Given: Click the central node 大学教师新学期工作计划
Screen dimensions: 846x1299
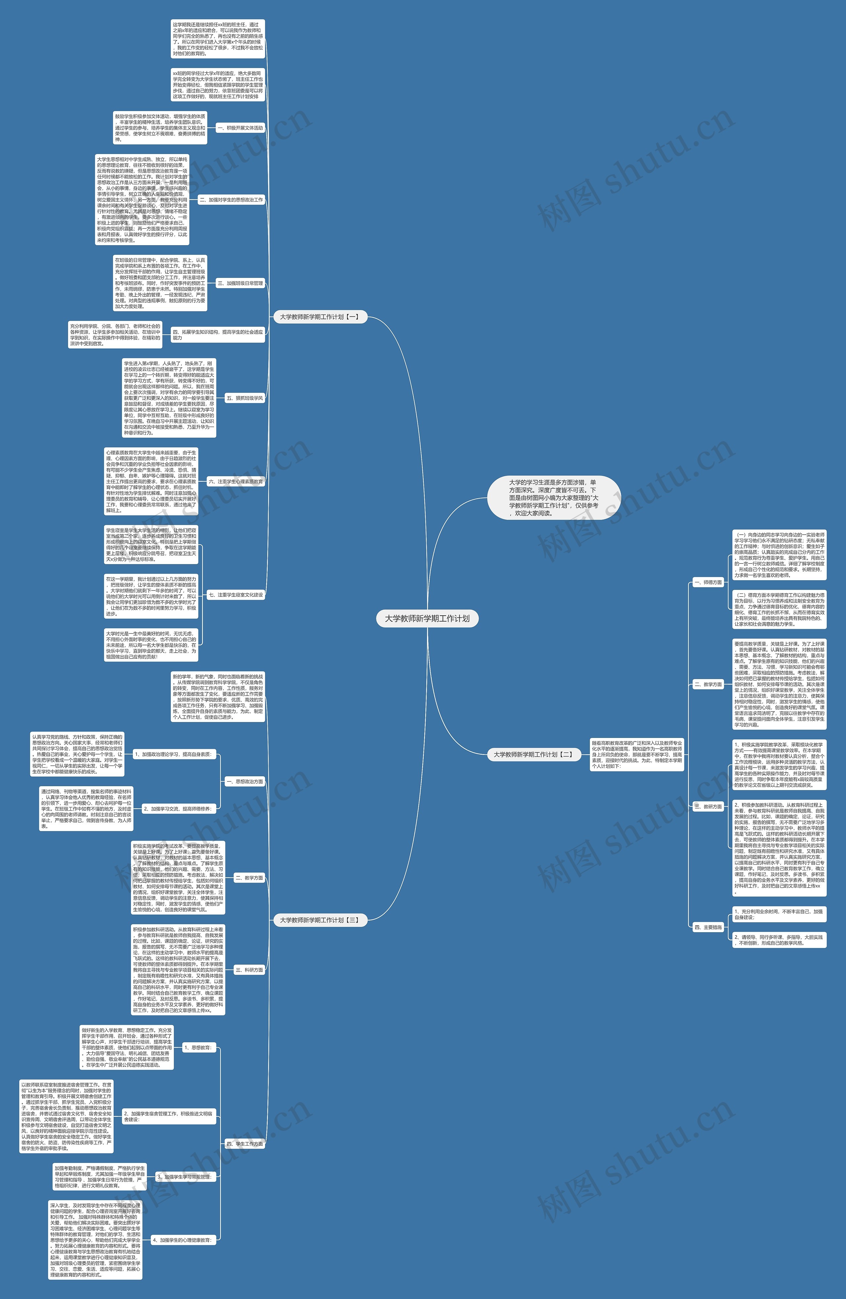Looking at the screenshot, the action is [x=427, y=618].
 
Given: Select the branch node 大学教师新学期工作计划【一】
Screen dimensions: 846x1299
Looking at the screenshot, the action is [x=319, y=317].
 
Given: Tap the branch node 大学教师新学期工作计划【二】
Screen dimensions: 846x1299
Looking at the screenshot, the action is [x=533, y=754].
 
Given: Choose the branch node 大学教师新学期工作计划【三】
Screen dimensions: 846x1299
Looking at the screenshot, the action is [x=319, y=920].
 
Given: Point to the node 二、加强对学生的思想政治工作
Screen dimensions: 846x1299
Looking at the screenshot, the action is [x=231, y=200].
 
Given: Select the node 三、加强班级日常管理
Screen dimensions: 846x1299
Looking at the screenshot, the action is [x=240, y=283].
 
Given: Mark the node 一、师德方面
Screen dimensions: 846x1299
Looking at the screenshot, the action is [x=708, y=582].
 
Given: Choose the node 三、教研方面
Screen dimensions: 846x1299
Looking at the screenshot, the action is [x=708, y=806].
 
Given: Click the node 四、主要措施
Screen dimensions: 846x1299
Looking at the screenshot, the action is [x=708, y=927].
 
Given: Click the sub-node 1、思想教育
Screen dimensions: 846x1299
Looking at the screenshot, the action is [x=198, y=1048].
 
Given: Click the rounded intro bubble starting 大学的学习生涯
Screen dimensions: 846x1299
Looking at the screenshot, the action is [x=554, y=497].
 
